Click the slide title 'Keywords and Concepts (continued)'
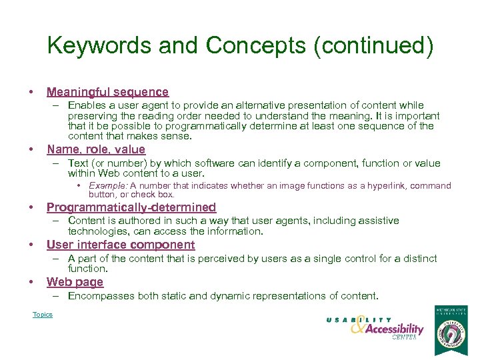click(240, 46)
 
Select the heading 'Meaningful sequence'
click(107, 92)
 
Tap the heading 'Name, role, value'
click(95, 149)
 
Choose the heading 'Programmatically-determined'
click(131, 207)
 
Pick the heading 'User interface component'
click(121, 245)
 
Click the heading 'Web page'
click(75, 282)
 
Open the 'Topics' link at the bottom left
click(43, 315)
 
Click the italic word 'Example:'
click(108, 186)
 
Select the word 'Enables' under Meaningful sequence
click(85, 105)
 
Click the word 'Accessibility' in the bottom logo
click(394, 329)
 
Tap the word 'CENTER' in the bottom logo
click(404, 338)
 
